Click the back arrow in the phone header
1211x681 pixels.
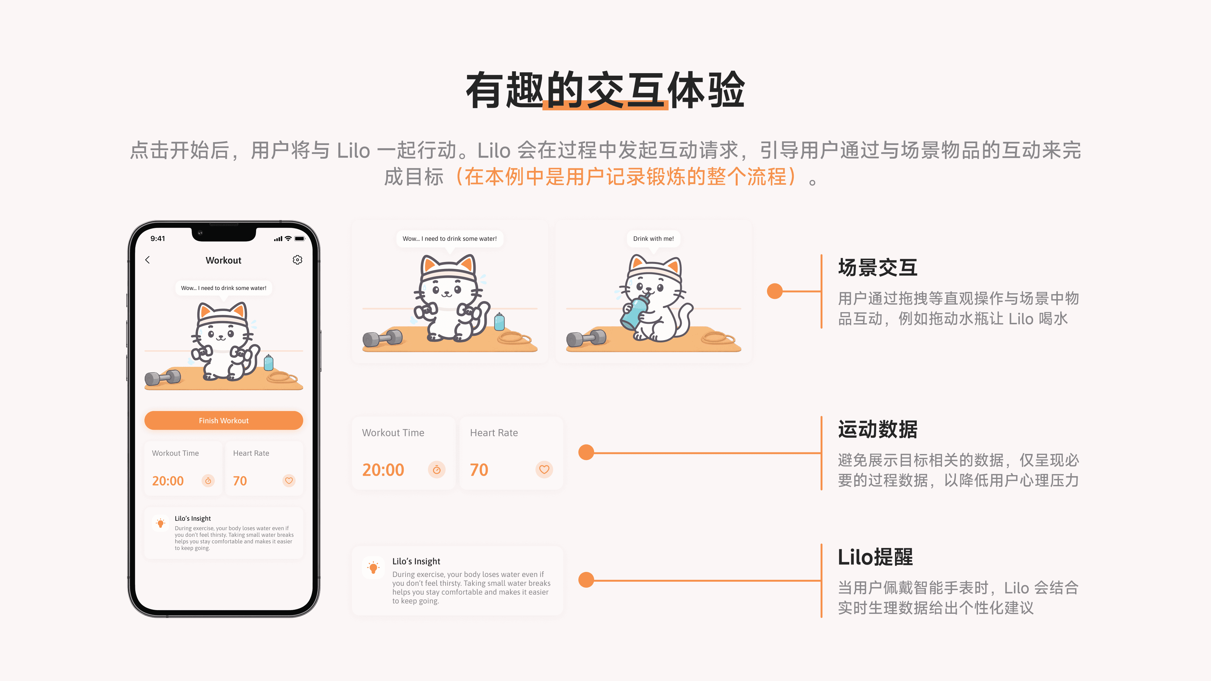click(x=148, y=260)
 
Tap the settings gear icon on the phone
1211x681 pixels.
click(x=298, y=260)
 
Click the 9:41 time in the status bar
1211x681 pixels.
click(x=158, y=239)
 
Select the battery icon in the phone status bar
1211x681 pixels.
click(x=300, y=239)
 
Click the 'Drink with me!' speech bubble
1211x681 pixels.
click(x=653, y=239)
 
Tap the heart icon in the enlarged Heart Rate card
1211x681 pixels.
click(x=544, y=469)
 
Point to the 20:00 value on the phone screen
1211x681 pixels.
click(x=168, y=481)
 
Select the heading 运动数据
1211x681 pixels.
click(x=878, y=429)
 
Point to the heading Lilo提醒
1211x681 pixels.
click(x=875, y=557)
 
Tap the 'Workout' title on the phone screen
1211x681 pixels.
click(x=223, y=260)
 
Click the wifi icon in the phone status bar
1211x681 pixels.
click(x=288, y=239)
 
